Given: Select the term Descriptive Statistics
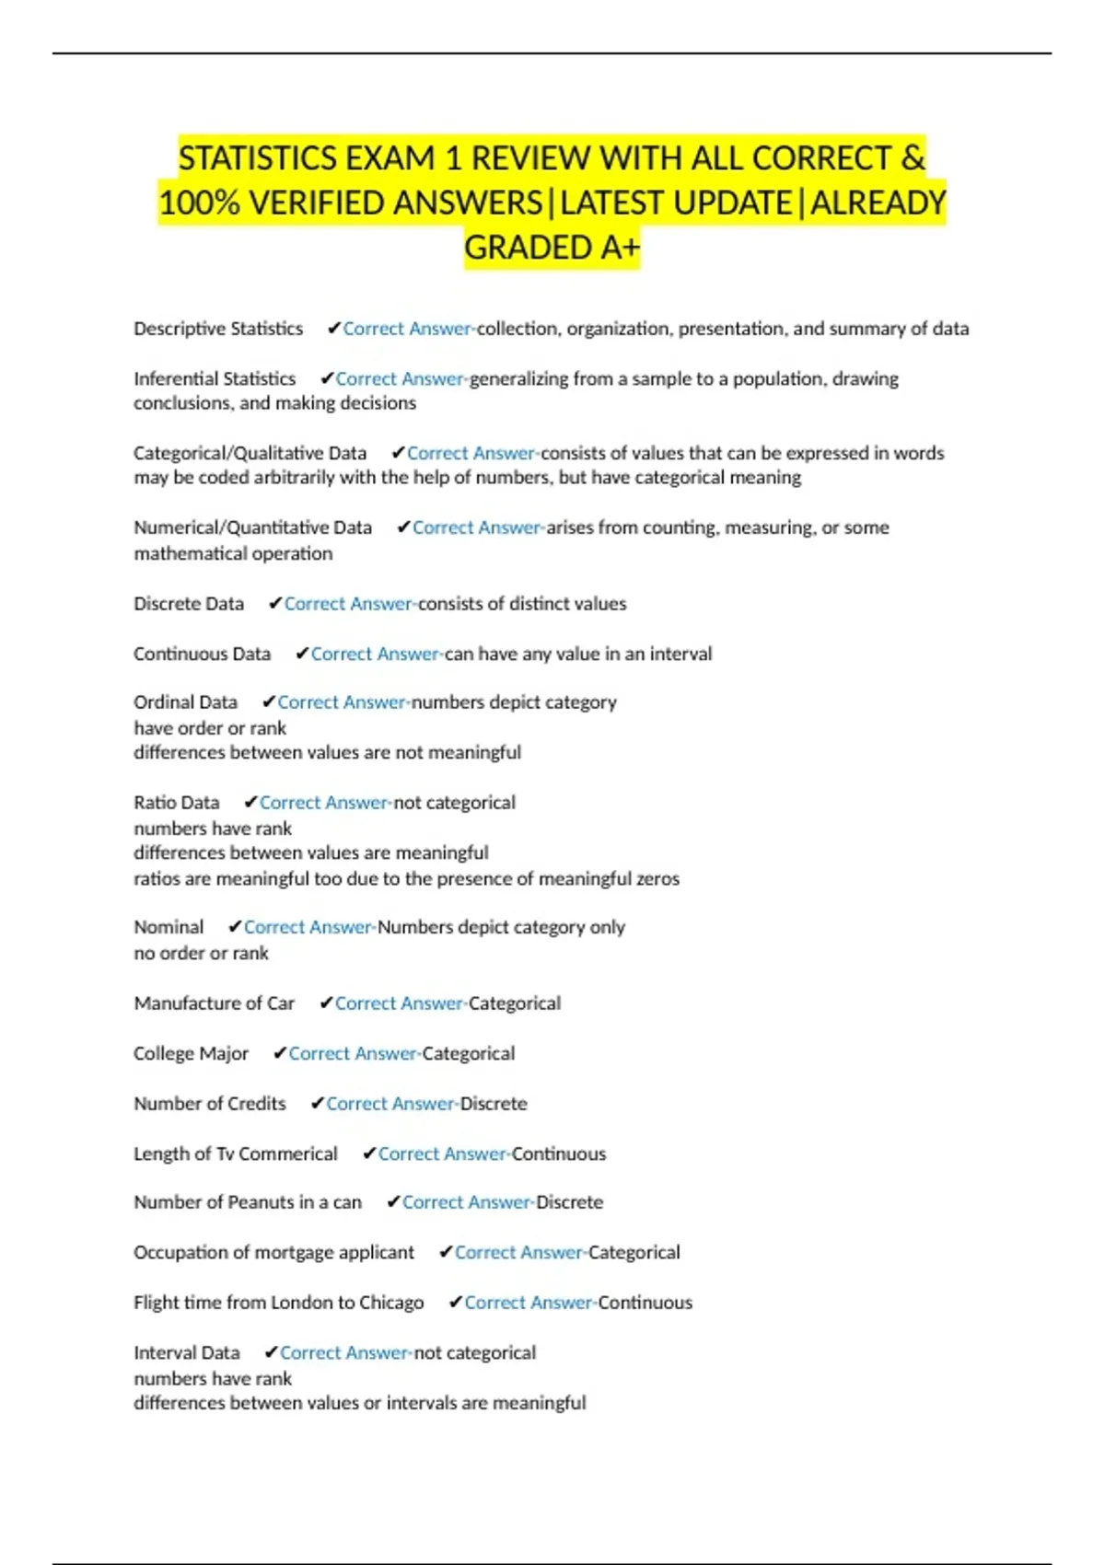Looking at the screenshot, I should [218, 329].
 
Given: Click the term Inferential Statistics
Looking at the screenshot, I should [215, 378].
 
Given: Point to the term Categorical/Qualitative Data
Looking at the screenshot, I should [250, 453].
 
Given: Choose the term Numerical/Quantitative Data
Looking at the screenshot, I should [252, 527].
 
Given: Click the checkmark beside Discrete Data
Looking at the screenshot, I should [274, 604].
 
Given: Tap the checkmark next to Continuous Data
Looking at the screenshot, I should [301, 654].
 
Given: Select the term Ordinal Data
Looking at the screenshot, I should [185, 702].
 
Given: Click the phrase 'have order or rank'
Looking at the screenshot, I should [210, 728].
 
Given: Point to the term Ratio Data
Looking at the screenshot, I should [176, 803].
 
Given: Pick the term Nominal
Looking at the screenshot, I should [169, 927].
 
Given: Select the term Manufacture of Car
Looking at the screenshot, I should [214, 1003].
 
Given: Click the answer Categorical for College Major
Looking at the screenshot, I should [468, 1053].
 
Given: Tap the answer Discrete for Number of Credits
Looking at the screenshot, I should [494, 1104].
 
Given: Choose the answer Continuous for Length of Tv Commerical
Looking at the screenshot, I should [559, 1153].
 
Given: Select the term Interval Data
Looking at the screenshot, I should [186, 1353].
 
